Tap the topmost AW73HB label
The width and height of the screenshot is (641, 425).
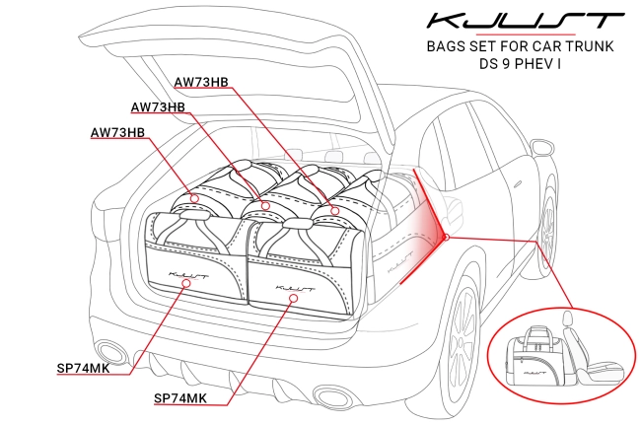(x=201, y=81)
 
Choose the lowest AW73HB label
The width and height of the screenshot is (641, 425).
(x=117, y=132)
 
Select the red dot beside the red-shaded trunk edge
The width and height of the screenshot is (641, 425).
(x=447, y=237)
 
